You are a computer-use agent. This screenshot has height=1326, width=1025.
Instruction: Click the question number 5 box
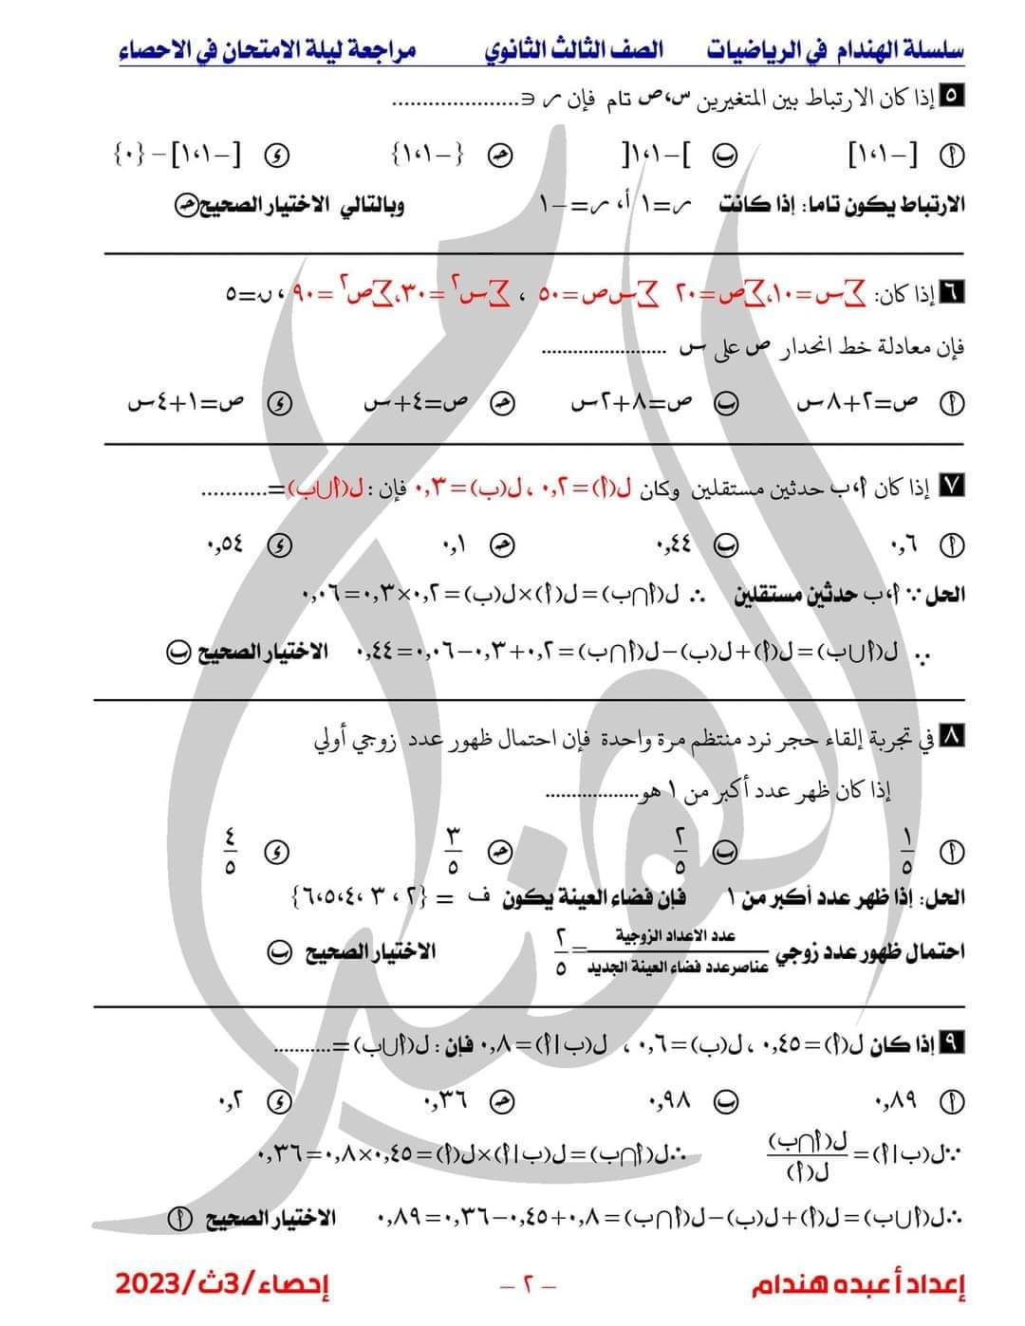click(x=953, y=96)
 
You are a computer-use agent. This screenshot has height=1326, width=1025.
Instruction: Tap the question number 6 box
click(x=953, y=295)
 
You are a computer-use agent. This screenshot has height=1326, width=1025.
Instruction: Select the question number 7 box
click(x=952, y=487)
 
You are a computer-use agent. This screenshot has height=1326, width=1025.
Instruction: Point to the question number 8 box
click(x=953, y=735)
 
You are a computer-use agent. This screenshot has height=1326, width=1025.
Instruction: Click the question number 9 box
click(x=953, y=1044)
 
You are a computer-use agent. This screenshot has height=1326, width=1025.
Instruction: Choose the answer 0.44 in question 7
click(x=675, y=545)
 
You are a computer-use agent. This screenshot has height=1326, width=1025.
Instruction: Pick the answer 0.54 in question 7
click(x=225, y=545)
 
